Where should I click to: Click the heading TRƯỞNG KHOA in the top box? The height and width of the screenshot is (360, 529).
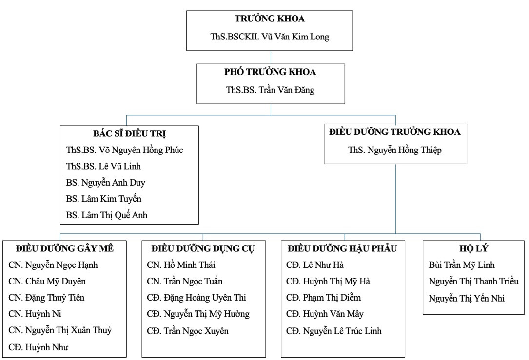270,19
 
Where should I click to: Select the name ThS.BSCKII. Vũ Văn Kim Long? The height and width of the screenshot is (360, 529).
270,37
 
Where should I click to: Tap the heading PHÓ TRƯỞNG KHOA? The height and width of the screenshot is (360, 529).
270,72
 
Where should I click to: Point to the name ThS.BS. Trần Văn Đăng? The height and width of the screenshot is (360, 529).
270,90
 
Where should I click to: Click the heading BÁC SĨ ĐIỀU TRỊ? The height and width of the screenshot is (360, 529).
130,133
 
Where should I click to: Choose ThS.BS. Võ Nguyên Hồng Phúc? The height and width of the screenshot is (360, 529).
124,150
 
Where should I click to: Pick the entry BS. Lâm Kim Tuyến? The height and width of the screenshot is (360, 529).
103,199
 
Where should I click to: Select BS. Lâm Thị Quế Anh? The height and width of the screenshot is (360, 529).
107,215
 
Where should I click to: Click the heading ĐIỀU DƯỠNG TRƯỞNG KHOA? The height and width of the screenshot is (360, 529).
395,132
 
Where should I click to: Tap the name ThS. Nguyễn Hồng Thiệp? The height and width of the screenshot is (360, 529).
395,150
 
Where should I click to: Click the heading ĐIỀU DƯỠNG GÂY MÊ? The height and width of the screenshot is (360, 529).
64,249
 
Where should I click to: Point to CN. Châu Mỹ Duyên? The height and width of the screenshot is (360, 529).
47,282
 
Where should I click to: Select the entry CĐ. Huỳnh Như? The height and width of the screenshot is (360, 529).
38,347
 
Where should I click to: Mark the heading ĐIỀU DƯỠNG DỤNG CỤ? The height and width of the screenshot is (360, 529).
203,249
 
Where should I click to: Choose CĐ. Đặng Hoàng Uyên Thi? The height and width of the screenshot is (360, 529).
196,298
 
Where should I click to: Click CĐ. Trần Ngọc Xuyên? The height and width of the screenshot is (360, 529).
188,331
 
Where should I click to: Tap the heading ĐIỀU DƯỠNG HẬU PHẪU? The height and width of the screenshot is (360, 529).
342,249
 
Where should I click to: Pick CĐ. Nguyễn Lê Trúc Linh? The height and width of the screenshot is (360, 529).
333,331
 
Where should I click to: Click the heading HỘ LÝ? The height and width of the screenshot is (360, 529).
474,249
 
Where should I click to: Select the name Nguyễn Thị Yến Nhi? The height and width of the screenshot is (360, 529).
467,298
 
